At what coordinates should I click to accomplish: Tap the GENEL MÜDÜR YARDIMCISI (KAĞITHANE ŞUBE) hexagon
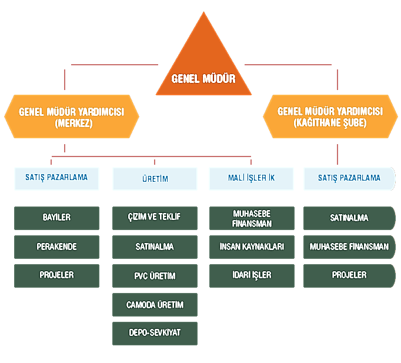(x=330, y=116)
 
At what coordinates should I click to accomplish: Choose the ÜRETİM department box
(x=155, y=179)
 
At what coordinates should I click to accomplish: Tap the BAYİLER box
(x=56, y=218)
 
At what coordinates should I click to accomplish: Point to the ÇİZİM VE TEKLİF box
(x=155, y=218)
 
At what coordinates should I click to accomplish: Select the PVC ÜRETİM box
(x=155, y=275)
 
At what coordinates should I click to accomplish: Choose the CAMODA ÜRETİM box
(x=155, y=305)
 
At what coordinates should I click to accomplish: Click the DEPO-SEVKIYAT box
(x=155, y=333)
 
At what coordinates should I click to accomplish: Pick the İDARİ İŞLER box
(x=251, y=275)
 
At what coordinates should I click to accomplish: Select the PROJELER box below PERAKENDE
(x=56, y=275)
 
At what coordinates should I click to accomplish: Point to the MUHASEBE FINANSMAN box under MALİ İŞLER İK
(x=251, y=218)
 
